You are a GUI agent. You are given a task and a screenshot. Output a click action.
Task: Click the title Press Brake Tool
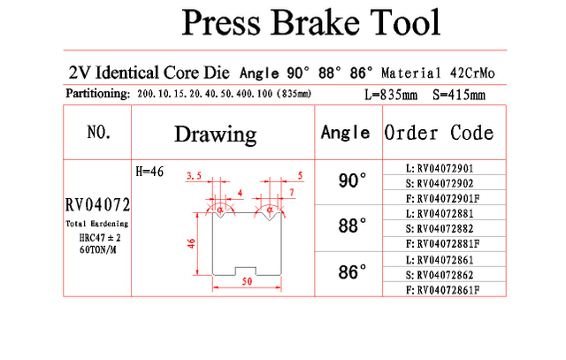[310, 22]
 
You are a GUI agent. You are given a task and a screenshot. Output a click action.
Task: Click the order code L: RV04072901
[440, 169]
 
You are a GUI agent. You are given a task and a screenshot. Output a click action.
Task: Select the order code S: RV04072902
[440, 183]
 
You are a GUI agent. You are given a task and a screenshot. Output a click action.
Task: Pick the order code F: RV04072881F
[442, 244]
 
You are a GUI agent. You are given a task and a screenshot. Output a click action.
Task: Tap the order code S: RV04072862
[440, 275]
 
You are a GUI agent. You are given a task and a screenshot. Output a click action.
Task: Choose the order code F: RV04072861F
[442, 290]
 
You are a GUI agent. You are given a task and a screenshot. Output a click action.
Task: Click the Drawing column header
[216, 134]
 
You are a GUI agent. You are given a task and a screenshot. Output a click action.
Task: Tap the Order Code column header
[439, 133]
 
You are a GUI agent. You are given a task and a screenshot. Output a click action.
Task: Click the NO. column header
[99, 132]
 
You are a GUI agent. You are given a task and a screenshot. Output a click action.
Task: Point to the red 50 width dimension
[248, 281]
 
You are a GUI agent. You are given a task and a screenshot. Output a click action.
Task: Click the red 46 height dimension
[191, 243]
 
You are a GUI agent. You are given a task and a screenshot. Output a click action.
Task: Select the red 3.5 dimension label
[194, 176]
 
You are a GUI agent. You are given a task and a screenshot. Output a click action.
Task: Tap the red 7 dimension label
[292, 193]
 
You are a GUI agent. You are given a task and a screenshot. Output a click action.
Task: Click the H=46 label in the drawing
[149, 172]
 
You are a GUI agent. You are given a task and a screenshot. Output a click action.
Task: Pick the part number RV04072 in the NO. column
[97, 205]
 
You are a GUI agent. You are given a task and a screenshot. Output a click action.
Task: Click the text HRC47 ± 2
[100, 238]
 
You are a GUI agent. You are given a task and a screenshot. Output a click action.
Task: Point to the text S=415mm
[459, 95]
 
